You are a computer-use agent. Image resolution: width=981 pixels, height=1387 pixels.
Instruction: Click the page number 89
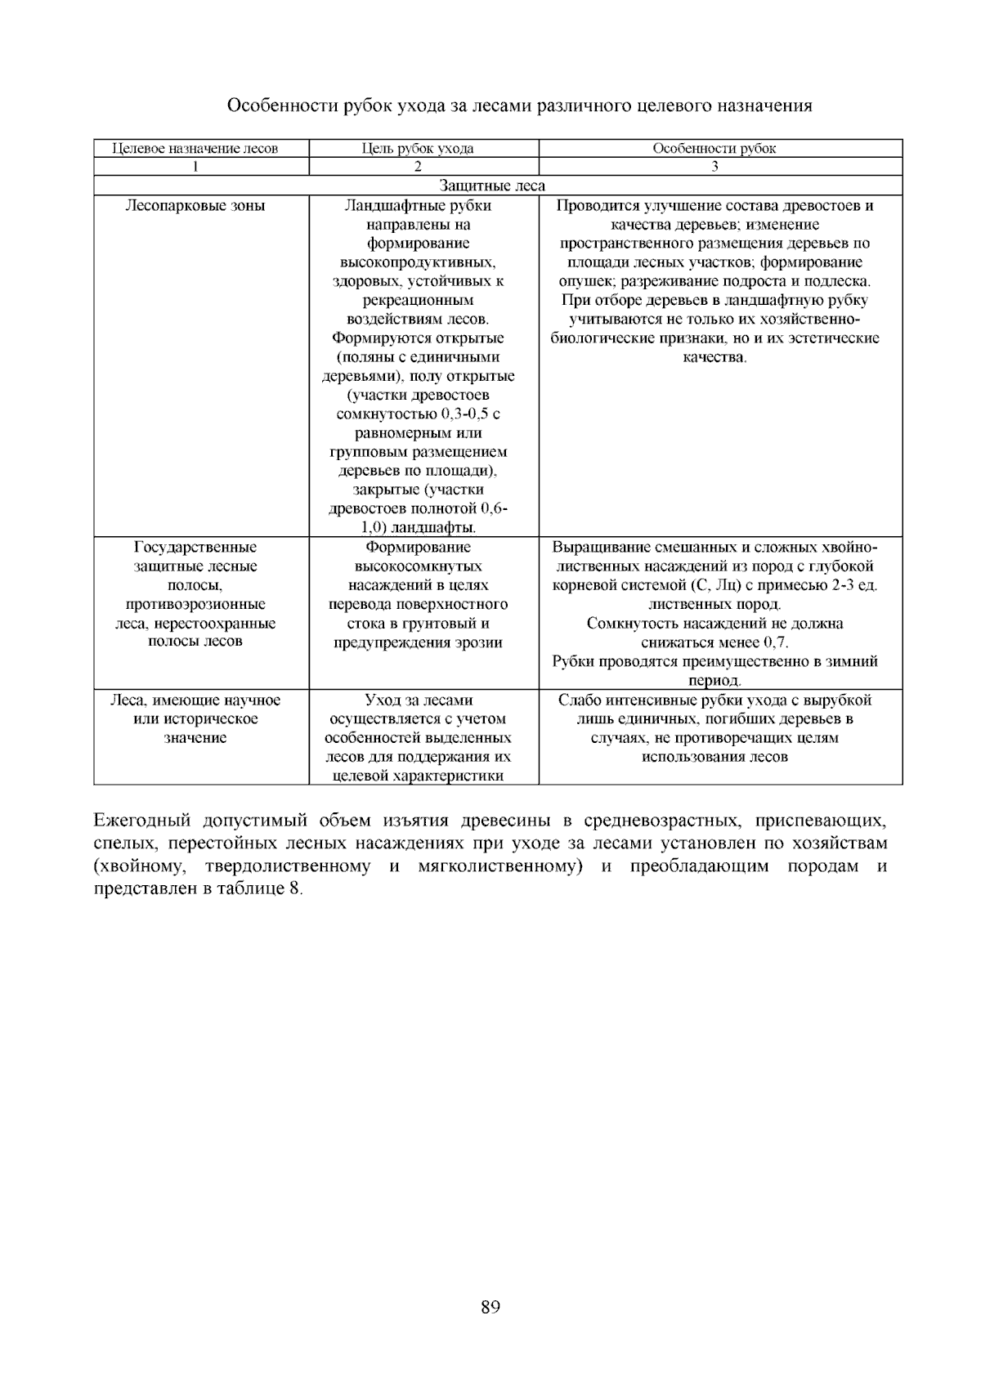(x=490, y=1307)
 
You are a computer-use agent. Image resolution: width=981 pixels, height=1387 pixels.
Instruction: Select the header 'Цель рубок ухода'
(x=418, y=149)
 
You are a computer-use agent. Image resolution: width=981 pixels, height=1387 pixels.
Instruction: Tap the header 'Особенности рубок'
(x=714, y=149)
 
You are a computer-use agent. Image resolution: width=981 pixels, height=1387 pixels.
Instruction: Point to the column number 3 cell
(x=714, y=167)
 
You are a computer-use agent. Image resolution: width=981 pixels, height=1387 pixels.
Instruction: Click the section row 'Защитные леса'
(x=492, y=186)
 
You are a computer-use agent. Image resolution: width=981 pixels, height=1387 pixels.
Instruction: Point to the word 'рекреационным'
(x=418, y=301)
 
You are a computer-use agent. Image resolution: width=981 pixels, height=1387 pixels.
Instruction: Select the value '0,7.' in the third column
(x=773, y=642)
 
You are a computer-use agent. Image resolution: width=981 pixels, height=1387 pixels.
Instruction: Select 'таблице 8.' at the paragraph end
(x=266, y=889)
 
